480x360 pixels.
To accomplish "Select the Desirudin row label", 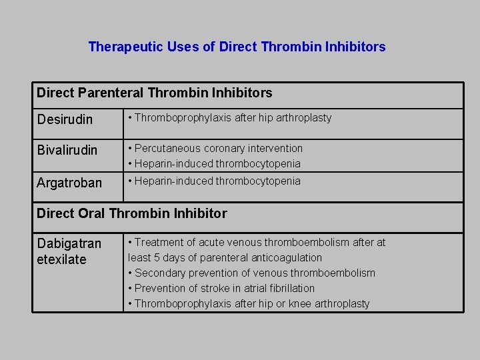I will tap(65, 120).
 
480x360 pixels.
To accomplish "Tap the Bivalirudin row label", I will tap(67, 150).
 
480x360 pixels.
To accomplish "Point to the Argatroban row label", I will tap(69, 183).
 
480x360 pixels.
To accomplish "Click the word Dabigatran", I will tap(69, 244).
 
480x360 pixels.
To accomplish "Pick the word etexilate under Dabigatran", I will tap(62, 259).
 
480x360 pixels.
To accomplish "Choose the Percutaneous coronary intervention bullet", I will tap(218, 148).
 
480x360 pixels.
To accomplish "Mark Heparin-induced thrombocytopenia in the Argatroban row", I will tap(217, 181).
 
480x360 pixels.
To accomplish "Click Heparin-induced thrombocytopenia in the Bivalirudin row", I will tap(217, 163).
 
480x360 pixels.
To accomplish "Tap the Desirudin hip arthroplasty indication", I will tap(233, 118).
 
